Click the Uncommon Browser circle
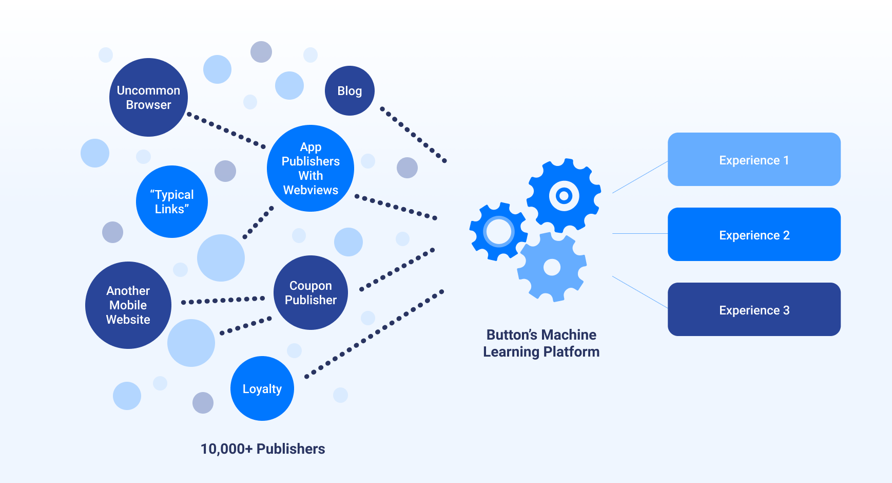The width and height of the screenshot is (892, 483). (x=148, y=98)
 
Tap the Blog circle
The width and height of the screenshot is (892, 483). (x=350, y=91)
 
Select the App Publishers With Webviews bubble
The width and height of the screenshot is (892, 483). (x=311, y=169)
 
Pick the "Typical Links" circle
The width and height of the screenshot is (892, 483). (x=172, y=201)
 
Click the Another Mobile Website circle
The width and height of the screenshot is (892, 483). (x=128, y=305)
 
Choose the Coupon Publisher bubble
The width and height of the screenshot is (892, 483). (x=311, y=293)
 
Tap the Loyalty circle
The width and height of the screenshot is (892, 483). (x=262, y=388)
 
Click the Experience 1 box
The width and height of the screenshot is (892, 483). (x=754, y=160)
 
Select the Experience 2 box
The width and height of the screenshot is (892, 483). (x=754, y=235)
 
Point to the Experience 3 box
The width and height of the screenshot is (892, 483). (x=754, y=310)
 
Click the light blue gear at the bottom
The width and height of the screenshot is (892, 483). (x=552, y=267)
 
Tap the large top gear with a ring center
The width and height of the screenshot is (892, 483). (x=564, y=196)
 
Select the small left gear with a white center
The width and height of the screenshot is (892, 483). (x=498, y=232)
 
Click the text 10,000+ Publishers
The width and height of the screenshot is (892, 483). (x=262, y=449)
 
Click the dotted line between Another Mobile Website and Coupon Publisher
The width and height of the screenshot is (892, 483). (x=223, y=301)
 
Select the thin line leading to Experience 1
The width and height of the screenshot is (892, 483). (x=640, y=177)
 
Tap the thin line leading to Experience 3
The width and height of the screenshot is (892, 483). (x=640, y=292)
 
